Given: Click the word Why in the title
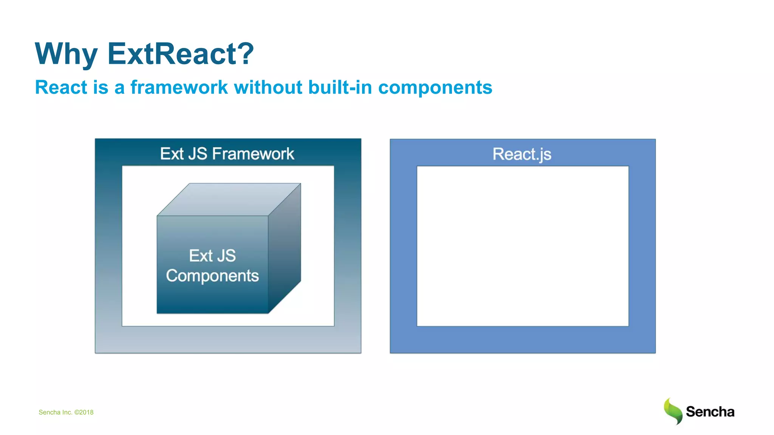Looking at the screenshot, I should tap(66, 54).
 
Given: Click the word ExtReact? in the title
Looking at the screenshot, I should tap(181, 54).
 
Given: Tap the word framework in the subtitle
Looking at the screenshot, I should tap(179, 88).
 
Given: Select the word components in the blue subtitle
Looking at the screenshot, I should tap(435, 88).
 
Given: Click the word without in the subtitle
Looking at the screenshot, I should tap(268, 88).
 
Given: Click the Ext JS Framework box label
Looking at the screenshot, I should tap(227, 154).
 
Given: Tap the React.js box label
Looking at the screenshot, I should tap(522, 154).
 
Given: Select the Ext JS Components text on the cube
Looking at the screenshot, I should tap(212, 265).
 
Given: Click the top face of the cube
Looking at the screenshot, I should tap(229, 199).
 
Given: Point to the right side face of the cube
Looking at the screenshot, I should tap(285, 249).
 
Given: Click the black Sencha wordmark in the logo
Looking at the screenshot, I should tap(710, 412).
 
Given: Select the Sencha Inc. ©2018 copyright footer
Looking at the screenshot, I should tap(66, 412).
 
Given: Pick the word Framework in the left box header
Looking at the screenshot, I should tap(253, 154).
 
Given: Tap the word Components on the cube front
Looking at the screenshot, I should tap(212, 276).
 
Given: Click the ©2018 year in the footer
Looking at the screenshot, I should tap(84, 412).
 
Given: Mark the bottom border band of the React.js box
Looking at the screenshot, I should tap(523, 340).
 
